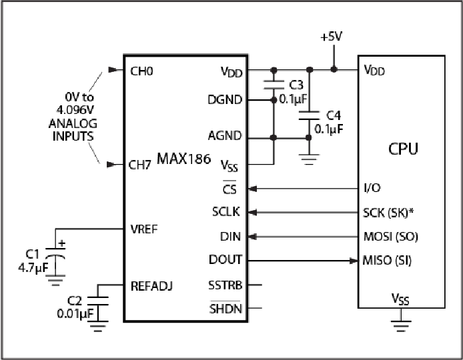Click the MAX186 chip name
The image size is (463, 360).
click(183, 159)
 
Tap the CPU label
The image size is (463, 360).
click(403, 149)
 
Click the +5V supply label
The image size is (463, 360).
click(332, 37)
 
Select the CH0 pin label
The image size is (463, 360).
click(141, 71)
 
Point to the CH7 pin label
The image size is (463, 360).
click(140, 165)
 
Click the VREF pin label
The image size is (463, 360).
click(144, 229)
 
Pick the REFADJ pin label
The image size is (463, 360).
click(151, 286)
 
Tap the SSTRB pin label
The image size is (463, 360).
click(225, 285)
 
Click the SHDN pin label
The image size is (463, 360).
click(225, 309)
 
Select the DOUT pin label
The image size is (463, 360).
click(225, 260)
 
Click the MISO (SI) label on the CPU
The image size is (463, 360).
click(387, 261)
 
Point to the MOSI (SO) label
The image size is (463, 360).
click(391, 237)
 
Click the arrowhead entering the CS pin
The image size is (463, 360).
click(252, 189)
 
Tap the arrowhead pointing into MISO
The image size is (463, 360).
click(354, 261)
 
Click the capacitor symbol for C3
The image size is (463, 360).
click(274, 85)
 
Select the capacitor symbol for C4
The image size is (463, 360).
click(309, 115)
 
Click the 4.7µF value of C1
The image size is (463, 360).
click(33, 267)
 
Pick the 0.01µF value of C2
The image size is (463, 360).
click(75, 314)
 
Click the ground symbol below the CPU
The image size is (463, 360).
click(401, 325)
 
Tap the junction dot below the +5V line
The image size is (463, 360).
click(334, 69)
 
